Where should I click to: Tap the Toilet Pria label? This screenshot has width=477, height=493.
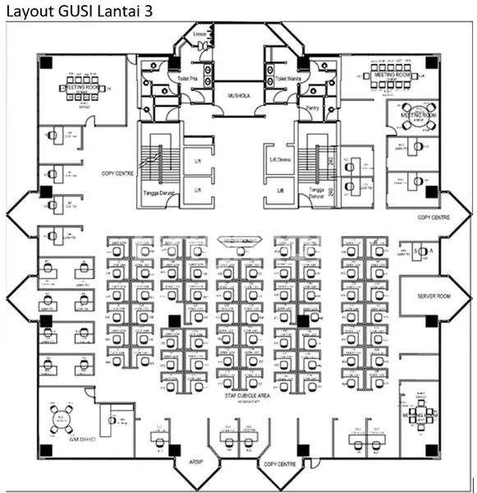pyautogui.click(x=188, y=78)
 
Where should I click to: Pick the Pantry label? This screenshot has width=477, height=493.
pyautogui.click(x=311, y=108)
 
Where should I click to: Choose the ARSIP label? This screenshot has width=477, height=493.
pyautogui.click(x=196, y=462)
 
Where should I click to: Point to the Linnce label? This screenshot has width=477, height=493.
pyautogui.click(x=199, y=35)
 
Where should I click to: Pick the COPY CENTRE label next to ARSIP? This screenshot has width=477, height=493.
pyautogui.click(x=279, y=464)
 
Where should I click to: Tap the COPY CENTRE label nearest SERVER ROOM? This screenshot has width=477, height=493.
pyautogui.click(x=433, y=218)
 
